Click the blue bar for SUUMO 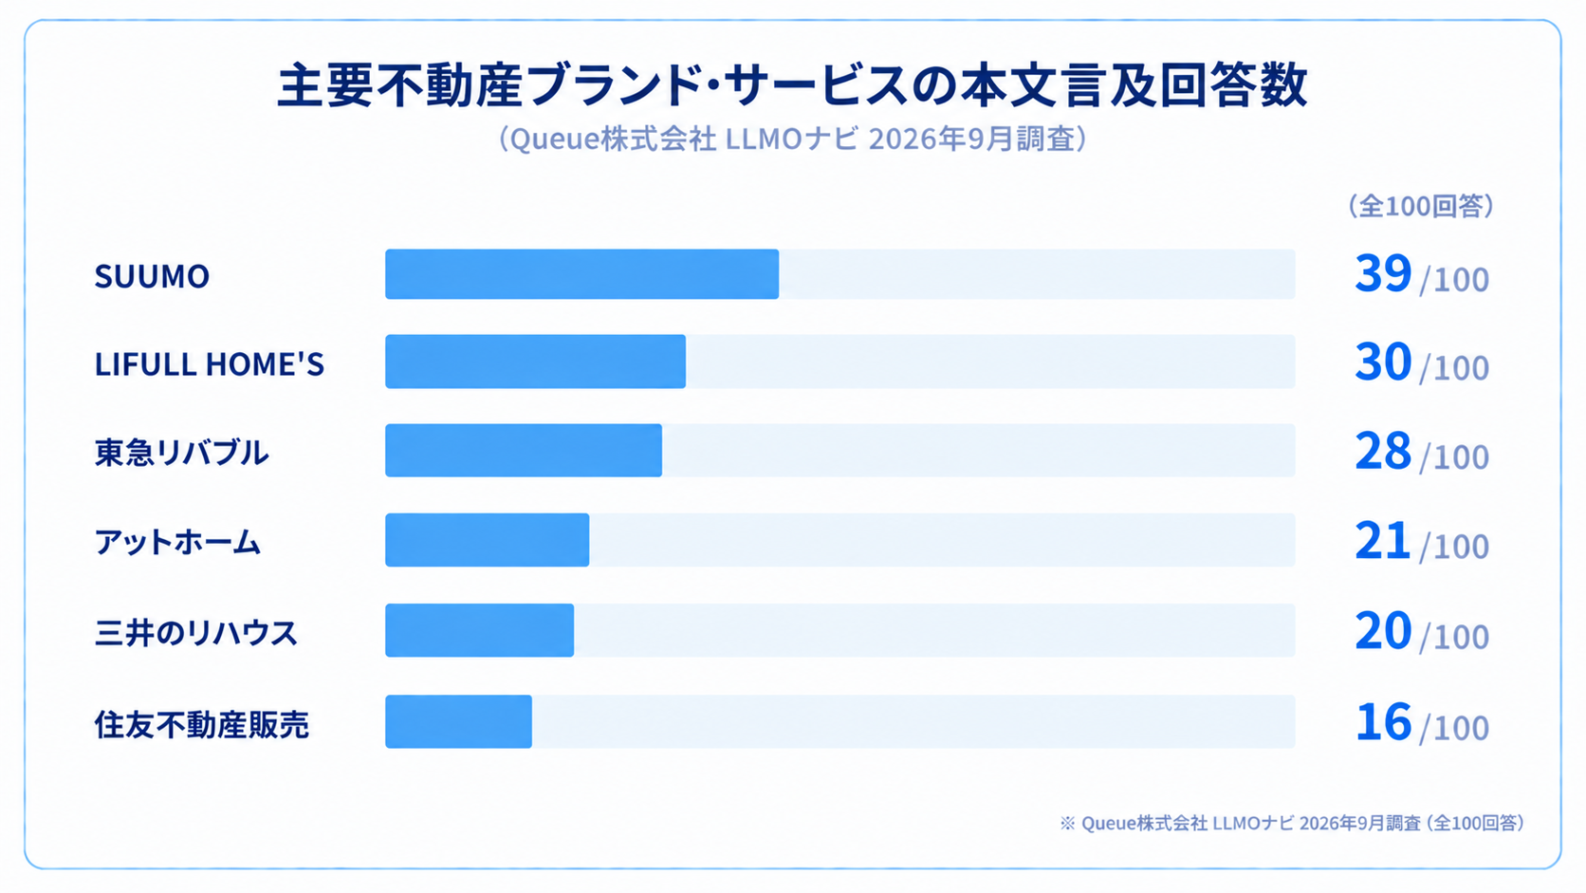point(582,274)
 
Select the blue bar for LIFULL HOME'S point(535,362)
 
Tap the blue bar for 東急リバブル point(524,451)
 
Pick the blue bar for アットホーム point(488,540)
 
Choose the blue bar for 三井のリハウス point(479,630)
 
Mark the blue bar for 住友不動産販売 point(458,721)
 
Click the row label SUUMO point(152,276)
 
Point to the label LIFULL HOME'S point(210,364)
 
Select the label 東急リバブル point(182,453)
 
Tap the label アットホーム point(177,543)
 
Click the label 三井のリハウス point(196,632)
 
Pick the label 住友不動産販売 point(202,724)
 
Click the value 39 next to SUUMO point(1383,273)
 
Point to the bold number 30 point(1383,362)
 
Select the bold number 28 point(1383,451)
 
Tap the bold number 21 point(1382,541)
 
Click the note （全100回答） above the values point(1421,206)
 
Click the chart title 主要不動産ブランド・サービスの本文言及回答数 point(792,85)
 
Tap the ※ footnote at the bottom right point(1292,823)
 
